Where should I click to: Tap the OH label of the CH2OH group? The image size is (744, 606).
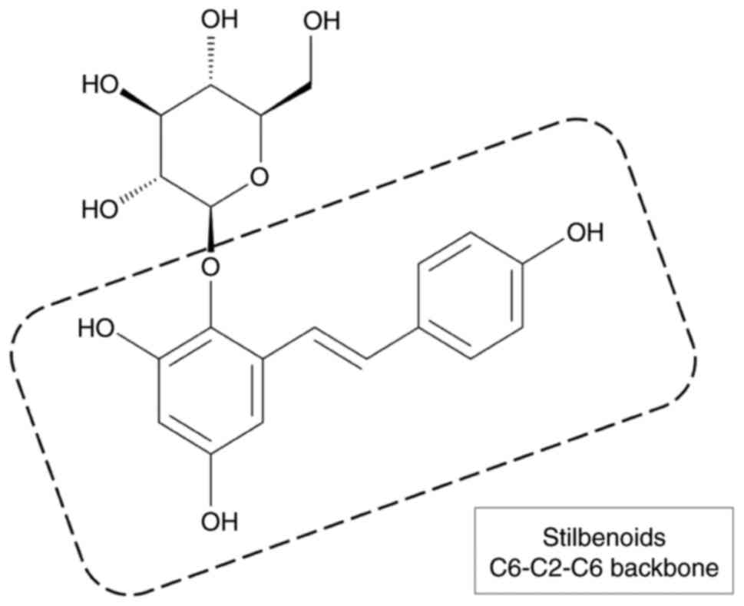pos(321,22)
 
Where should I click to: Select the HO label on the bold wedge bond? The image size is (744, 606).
pos(101,83)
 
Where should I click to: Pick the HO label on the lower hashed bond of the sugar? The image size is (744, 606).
pos(101,208)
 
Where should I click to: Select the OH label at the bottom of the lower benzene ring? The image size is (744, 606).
pos(220,522)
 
